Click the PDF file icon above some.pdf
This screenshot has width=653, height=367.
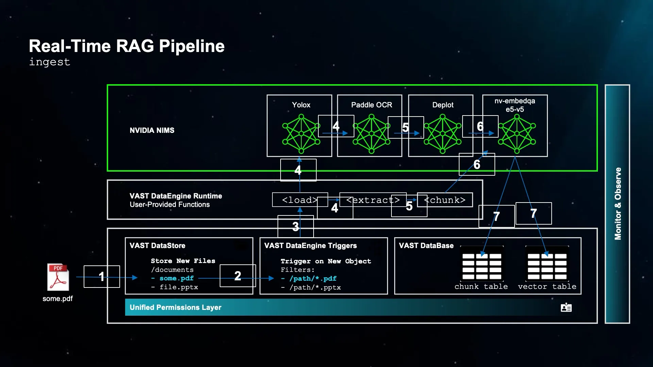pos(58,277)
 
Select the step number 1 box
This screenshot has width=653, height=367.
pos(102,277)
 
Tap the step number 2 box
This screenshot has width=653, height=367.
pos(238,276)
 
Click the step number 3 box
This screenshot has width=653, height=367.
pos(296,226)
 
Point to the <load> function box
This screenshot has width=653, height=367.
pos(300,200)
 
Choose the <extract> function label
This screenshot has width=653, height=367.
pos(373,200)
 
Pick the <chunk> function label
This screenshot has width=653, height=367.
pos(445,200)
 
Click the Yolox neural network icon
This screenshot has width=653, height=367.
pos(301,134)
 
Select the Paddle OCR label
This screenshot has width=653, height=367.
pos(371,105)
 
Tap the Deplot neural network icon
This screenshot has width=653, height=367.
pos(442,134)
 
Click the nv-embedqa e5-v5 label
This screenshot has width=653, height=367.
pos(515,105)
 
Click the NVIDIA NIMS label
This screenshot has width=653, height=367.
pos(152,130)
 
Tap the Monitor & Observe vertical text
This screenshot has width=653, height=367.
pos(618,204)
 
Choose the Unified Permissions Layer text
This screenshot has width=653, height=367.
pos(175,308)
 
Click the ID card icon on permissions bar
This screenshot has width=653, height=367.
pos(566,308)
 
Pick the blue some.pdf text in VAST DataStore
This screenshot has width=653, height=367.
pos(177,278)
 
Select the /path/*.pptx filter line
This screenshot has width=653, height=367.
pos(315,287)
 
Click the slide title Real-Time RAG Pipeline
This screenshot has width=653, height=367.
pos(127,46)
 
